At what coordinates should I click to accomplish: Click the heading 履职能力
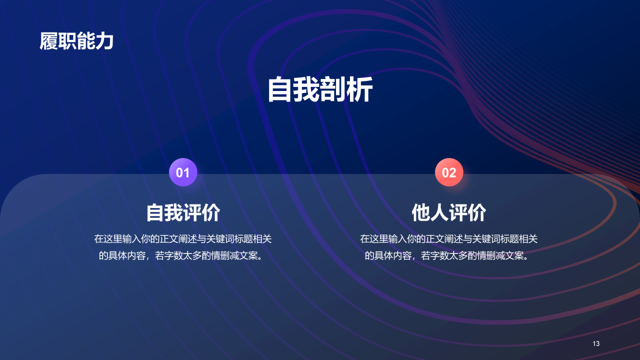tap(76, 41)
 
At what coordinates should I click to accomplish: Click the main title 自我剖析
tap(320, 90)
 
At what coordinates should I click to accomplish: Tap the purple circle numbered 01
tap(183, 172)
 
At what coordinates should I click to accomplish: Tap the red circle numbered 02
tap(449, 172)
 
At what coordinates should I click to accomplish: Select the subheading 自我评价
tap(183, 212)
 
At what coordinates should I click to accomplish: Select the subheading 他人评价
tap(449, 212)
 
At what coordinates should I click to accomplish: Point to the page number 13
tap(595, 343)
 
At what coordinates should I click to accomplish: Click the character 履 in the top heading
tap(49, 41)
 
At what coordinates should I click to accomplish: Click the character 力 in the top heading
tap(104, 41)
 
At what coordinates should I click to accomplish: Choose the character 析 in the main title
tap(359, 90)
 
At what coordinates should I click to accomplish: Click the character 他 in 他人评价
tap(421, 212)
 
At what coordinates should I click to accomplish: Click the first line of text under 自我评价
tap(183, 239)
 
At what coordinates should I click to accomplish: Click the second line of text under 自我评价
tap(183, 255)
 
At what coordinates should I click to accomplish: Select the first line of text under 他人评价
tap(449, 239)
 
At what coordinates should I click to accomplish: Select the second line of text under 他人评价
tap(449, 255)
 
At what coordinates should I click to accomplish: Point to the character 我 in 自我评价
tap(174, 212)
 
